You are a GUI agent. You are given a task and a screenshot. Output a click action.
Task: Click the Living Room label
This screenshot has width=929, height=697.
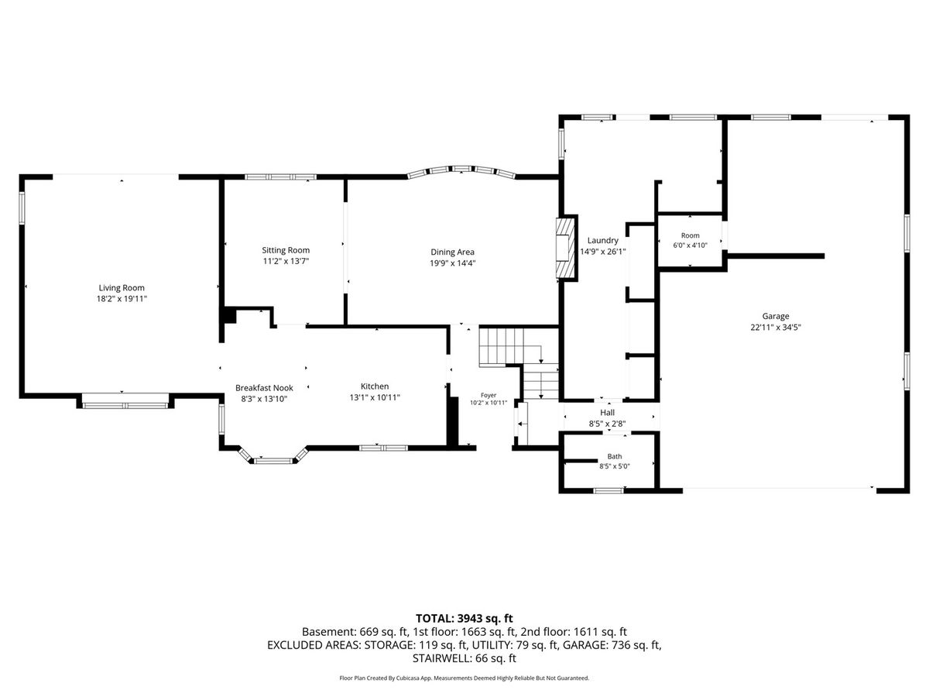pyautogui.click(x=122, y=288)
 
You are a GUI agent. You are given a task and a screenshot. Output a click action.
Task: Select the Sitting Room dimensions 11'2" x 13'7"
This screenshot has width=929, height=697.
pyautogui.click(x=286, y=261)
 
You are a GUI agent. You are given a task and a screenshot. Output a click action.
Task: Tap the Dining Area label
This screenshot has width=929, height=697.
pyautogui.click(x=452, y=252)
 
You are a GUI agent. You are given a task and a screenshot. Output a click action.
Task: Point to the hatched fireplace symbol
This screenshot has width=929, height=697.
pyautogui.click(x=567, y=248)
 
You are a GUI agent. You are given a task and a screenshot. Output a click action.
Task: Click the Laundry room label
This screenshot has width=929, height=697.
pyautogui.click(x=602, y=240)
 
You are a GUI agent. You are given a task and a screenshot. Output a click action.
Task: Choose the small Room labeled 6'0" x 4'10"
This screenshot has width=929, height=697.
pyautogui.click(x=691, y=235)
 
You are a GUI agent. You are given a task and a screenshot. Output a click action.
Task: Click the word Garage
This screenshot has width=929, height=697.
pyautogui.click(x=776, y=316)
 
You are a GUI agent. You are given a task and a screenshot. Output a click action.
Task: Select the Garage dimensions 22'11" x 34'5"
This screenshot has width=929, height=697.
pyautogui.click(x=776, y=327)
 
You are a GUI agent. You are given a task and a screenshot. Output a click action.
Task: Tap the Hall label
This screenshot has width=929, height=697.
pyautogui.click(x=608, y=413)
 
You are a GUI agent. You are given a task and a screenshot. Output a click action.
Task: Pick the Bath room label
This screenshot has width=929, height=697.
pyautogui.click(x=615, y=457)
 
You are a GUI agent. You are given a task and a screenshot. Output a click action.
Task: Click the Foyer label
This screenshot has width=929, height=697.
pyautogui.click(x=488, y=395)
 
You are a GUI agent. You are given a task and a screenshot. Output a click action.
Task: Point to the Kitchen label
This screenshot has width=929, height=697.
pyautogui.click(x=375, y=386)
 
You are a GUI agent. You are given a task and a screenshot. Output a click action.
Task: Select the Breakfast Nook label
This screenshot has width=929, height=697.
pyautogui.click(x=264, y=388)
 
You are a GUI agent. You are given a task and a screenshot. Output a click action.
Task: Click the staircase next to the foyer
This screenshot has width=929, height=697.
pyautogui.click(x=519, y=362)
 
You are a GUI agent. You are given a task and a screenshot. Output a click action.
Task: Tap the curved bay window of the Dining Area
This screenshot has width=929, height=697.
pyautogui.click(x=461, y=170)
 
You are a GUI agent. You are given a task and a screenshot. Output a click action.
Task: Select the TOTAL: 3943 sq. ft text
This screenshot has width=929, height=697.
pyautogui.click(x=464, y=619)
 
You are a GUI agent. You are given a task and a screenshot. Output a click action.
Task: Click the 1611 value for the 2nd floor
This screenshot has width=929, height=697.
pyautogui.click(x=585, y=632)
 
